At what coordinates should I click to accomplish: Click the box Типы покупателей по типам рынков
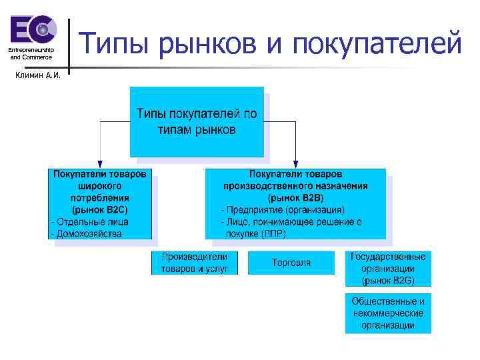coord(197,121)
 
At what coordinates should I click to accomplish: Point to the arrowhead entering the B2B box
coord(295,164)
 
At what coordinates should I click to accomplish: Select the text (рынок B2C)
coord(100,209)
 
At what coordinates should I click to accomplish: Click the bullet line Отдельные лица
coord(89,221)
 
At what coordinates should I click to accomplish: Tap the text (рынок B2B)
coord(295,198)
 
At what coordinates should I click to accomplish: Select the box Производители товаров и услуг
coord(194,262)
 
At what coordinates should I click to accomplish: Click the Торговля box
coord(291,263)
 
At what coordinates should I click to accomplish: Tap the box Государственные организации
coord(388,263)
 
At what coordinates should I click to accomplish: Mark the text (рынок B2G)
coord(388,279)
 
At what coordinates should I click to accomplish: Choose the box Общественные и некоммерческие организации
coord(388,313)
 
